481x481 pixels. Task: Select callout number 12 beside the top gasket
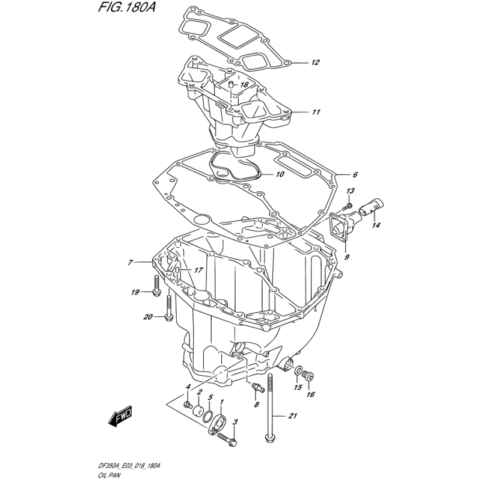click(x=315, y=63)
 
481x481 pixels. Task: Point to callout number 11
click(x=316, y=112)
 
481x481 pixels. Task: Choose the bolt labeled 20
click(x=168, y=308)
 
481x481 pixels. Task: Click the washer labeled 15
click(x=298, y=371)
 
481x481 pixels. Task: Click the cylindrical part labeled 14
click(x=370, y=207)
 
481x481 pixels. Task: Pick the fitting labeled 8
click(x=257, y=388)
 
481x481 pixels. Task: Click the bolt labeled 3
click(x=227, y=438)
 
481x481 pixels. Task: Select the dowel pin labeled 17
click(x=177, y=270)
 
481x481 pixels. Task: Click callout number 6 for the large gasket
click(x=355, y=175)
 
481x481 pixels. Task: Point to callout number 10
click(x=280, y=174)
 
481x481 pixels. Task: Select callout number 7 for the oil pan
click(x=130, y=263)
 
